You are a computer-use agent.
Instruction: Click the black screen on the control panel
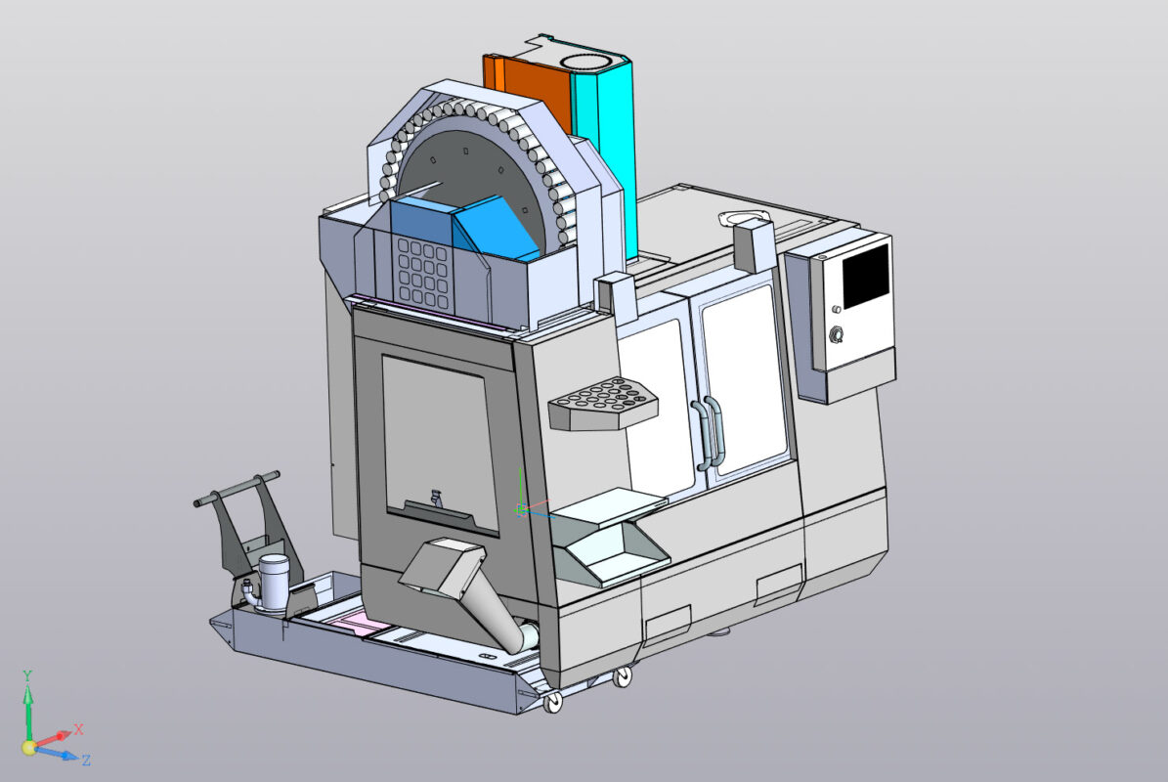point(866,276)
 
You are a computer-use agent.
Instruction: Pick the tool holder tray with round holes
point(603,401)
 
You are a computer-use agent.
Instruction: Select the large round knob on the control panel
point(837,335)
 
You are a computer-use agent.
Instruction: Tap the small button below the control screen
point(836,310)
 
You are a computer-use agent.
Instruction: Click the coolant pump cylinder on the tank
point(273,581)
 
